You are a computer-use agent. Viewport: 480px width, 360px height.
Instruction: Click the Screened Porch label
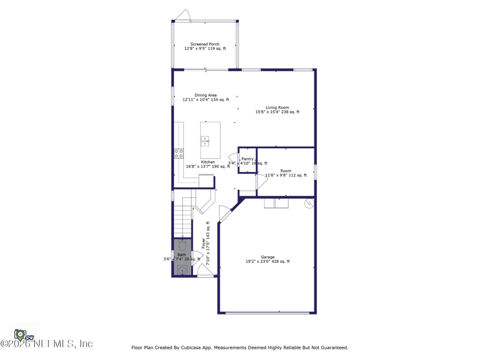click(205, 44)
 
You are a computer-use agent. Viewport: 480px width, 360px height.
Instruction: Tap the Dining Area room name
click(205, 95)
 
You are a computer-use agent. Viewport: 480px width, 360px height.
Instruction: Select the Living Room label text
click(277, 108)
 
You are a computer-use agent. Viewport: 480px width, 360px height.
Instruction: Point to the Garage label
click(267, 257)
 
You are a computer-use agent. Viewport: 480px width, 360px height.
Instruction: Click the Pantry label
click(247, 159)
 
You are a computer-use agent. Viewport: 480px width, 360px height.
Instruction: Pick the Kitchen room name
click(208, 162)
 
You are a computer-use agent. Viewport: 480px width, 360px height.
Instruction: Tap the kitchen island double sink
click(205, 141)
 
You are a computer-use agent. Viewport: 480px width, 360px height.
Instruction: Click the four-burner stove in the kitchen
click(179, 154)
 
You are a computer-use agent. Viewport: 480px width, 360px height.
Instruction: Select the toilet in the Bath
click(182, 245)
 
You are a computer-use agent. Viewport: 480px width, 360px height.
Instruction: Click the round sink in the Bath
click(182, 269)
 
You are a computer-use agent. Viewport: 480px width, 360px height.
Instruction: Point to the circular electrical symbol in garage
click(309, 204)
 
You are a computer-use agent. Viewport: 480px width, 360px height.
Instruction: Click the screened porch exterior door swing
click(183, 16)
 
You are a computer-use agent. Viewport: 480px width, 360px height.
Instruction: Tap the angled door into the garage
click(225, 213)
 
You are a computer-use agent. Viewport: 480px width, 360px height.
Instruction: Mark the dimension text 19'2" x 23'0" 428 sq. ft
click(267, 262)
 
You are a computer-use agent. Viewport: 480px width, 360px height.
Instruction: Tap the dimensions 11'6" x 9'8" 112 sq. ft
click(286, 175)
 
